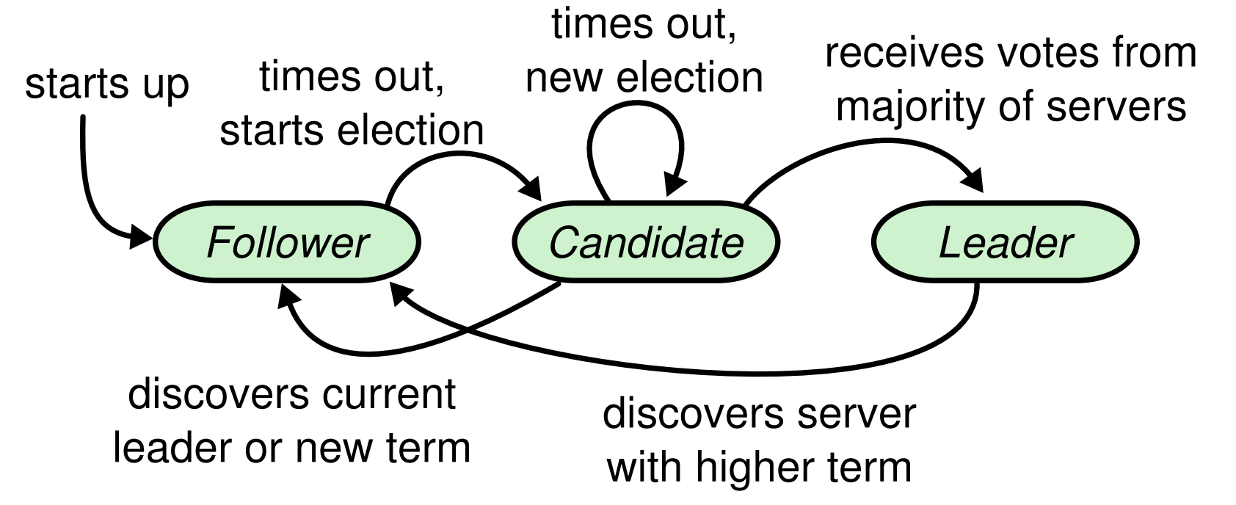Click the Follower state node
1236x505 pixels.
[x=286, y=243]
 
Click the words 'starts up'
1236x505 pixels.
[x=107, y=85]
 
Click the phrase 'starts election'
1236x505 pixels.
[x=352, y=131]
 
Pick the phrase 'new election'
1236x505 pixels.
[x=644, y=78]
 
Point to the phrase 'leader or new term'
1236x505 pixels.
[x=291, y=447]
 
